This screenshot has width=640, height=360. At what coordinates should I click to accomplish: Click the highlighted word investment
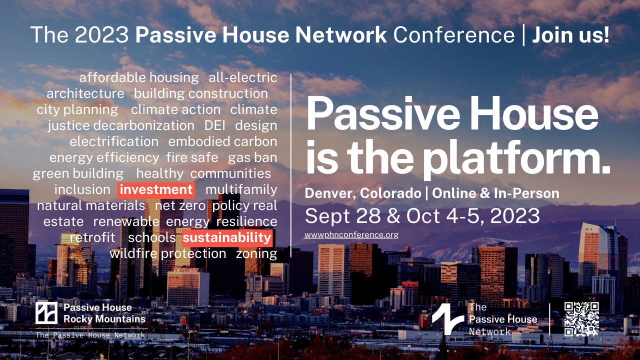pyautogui.click(x=156, y=190)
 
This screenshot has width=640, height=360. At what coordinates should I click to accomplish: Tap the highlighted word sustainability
pyautogui.click(x=227, y=238)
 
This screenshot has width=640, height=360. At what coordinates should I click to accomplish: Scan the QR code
pyautogui.click(x=581, y=319)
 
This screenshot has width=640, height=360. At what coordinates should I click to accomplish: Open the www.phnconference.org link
pyautogui.click(x=351, y=235)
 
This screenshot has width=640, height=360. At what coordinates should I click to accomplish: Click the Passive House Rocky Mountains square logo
pyautogui.click(x=46, y=313)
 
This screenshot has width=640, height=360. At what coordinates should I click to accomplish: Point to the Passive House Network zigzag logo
pyautogui.click(x=447, y=319)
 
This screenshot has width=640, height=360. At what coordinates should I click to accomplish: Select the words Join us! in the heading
pyautogui.click(x=570, y=35)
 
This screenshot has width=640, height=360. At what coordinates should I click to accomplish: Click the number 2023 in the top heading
pyautogui.click(x=102, y=35)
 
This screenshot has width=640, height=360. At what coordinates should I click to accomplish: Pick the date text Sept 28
pyautogui.click(x=343, y=216)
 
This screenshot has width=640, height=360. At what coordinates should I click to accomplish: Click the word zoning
pyautogui.click(x=256, y=254)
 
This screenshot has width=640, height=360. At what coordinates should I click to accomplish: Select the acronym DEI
pyautogui.click(x=214, y=125)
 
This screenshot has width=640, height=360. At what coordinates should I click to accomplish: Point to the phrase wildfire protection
pyautogui.click(x=167, y=253)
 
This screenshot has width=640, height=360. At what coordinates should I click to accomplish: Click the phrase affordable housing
pyautogui.click(x=139, y=77)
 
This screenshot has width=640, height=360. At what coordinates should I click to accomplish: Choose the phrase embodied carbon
pyautogui.click(x=222, y=141)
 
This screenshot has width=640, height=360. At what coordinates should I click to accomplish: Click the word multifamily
pyautogui.click(x=241, y=190)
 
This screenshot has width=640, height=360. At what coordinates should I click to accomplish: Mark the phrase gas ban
pyautogui.click(x=252, y=157)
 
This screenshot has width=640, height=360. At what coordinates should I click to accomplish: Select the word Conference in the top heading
pyautogui.click(x=454, y=35)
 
